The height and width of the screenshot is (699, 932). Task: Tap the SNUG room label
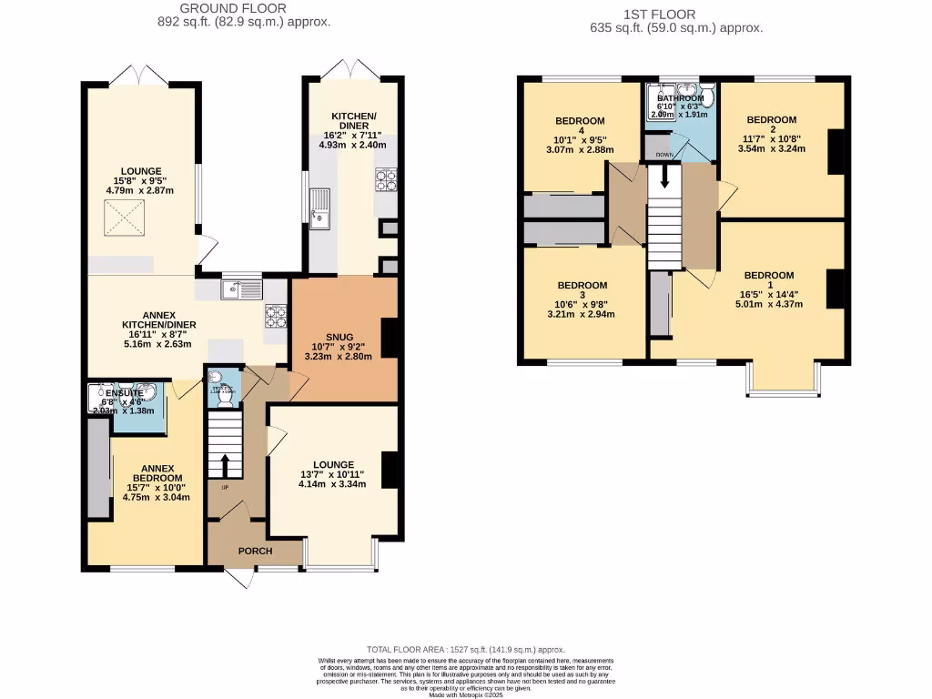tap(339, 337)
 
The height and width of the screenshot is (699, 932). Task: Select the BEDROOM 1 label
tap(768, 276)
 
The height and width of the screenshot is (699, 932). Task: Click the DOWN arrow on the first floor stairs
tap(664, 178)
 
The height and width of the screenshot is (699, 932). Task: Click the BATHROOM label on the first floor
tap(681, 98)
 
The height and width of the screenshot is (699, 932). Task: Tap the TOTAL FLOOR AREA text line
tap(465, 648)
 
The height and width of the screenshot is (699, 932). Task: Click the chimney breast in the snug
tap(390, 337)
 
